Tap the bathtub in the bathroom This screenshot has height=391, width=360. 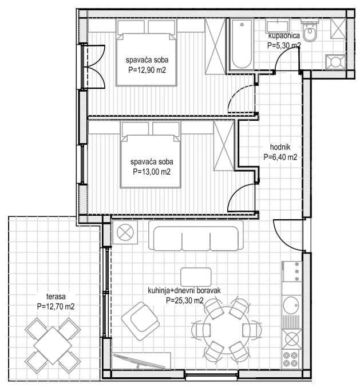click(242, 45)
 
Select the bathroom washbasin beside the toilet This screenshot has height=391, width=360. click(277, 26)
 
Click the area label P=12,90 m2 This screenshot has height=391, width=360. click(147, 70)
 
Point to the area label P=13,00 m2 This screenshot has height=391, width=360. click(152, 172)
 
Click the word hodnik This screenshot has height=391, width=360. click(280, 147)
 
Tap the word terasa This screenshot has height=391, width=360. click(56, 297)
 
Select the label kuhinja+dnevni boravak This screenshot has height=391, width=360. click(184, 290)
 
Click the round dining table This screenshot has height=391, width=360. click(227, 329)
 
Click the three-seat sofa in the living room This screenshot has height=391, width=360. click(196, 235)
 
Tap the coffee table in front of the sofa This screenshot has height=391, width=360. click(196, 277)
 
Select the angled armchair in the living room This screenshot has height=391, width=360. click(140, 321)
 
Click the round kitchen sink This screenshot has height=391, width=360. click(291, 306)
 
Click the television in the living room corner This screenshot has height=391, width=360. click(139, 361)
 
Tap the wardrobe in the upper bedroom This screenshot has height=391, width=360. click(215, 46)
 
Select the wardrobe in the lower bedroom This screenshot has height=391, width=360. click(224, 145)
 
